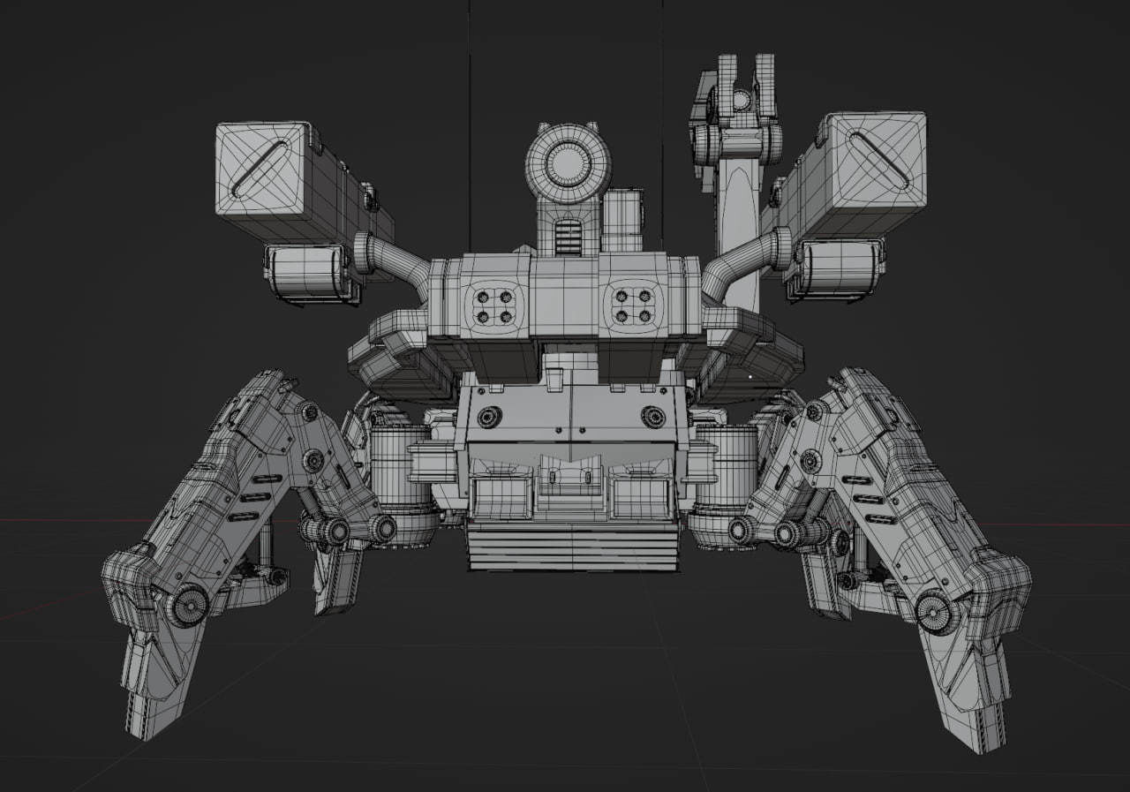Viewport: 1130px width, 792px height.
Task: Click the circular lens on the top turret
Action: pos(569,162)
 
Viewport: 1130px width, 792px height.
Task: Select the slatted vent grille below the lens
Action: pos(569,237)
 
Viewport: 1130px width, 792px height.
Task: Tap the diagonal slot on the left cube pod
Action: pos(260,167)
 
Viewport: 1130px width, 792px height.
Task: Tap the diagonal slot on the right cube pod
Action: pos(878,159)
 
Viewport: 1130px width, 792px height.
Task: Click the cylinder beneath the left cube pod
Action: pos(306,272)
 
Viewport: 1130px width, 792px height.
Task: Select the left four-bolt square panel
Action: pos(493,305)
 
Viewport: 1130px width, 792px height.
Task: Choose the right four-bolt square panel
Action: pos(634,305)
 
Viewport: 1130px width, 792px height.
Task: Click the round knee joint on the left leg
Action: pos(188,606)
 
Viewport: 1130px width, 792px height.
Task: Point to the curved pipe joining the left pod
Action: pos(397,256)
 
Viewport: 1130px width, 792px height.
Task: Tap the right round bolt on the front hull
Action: pos(653,416)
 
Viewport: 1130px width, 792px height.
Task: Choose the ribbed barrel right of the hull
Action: pos(729,459)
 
